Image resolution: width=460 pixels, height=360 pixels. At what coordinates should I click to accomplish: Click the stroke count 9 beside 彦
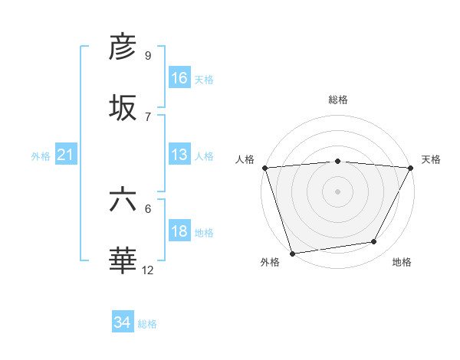[148, 55]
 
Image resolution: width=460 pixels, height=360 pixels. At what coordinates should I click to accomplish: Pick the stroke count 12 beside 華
[148, 270]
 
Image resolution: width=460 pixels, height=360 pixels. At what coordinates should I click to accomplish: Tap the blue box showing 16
[179, 78]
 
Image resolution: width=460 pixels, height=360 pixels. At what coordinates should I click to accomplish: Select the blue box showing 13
[179, 155]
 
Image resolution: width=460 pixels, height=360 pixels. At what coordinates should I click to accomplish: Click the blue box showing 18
[179, 231]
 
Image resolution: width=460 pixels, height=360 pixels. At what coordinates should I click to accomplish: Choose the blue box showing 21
[66, 155]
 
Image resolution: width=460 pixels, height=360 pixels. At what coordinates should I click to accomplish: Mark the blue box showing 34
[123, 322]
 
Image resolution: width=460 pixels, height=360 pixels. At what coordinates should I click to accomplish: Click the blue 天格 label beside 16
[204, 80]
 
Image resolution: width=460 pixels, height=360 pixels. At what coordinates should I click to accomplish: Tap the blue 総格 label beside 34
[147, 324]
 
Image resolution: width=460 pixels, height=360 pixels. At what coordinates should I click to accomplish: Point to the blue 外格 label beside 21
[41, 156]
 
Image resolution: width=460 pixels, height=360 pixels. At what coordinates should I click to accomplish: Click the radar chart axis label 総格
[338, 100]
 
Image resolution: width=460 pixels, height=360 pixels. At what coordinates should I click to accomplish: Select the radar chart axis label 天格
[431, 159]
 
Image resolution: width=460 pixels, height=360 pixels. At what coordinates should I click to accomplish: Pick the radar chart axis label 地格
[402, 262]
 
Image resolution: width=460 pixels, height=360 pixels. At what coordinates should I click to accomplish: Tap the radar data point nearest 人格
[264, 168]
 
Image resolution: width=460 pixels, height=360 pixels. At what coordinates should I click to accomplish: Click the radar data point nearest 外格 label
[293, 253]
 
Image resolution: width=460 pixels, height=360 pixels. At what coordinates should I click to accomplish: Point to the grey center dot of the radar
[338, 191]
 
